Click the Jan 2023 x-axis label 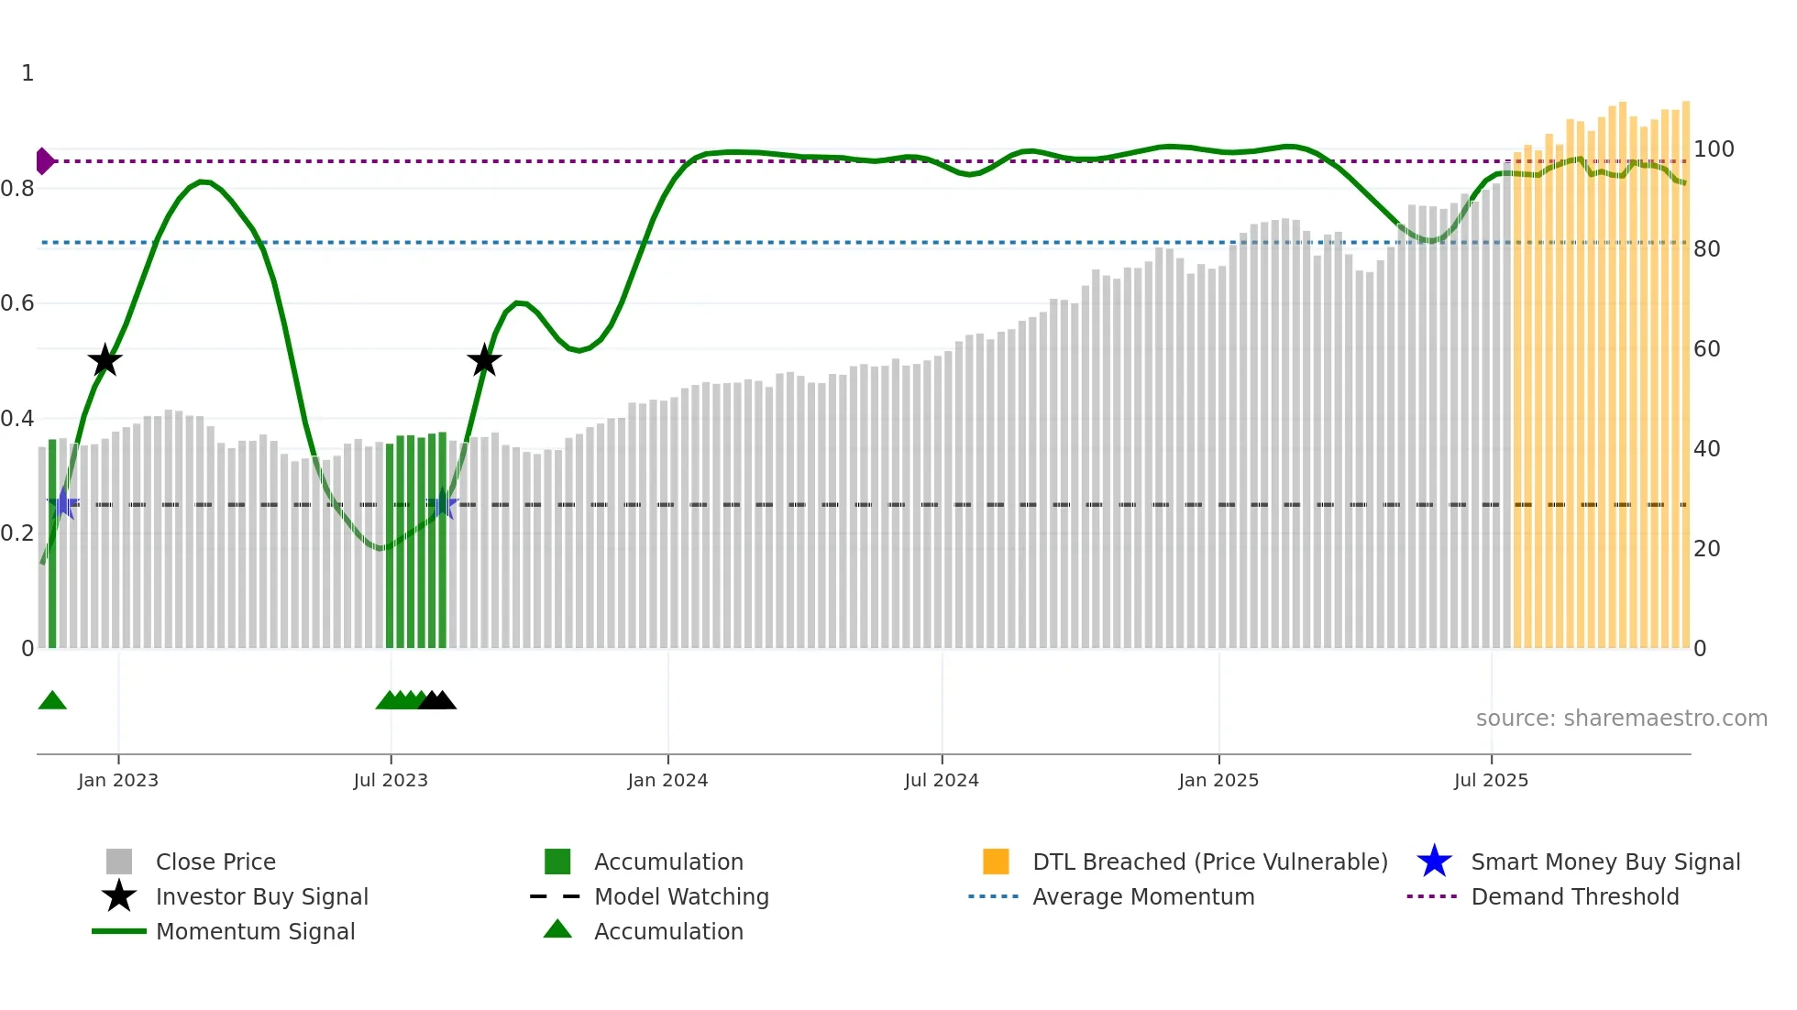pos(118,780)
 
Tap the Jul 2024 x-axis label pos(942,780)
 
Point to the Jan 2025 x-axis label pos(1218,780)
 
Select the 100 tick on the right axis pos(1714,149)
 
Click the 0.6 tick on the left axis pos(17,303)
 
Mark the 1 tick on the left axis pos(28,73)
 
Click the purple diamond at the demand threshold pos(44,161)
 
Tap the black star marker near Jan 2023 pos(105,360)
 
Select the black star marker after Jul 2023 pos(484,360)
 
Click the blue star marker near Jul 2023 pos(442,504)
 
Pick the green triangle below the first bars pos(52,701)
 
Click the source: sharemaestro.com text pos(1621,719)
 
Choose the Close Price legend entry pos(215,862)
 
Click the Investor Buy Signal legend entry pos(261,896)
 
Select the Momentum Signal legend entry pos(255,931)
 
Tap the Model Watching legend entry pos(681,896)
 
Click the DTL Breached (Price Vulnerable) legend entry pos(1209,862)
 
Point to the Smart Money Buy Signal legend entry pos(1605,862)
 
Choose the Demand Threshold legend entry pos(1574,896)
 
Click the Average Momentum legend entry pos(1143,896)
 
